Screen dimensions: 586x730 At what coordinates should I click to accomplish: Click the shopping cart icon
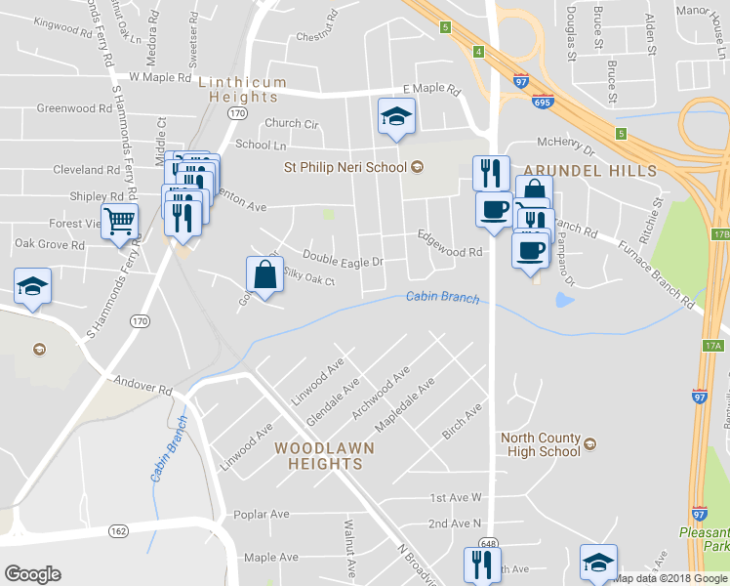coord(119,220)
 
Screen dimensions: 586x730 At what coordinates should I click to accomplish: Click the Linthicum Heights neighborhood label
coord(243,90)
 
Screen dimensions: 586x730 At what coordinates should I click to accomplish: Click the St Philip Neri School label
coord(345,167)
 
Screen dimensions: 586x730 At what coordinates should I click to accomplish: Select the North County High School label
coord(540,445)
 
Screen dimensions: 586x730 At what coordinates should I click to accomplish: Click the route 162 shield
coord(119,530)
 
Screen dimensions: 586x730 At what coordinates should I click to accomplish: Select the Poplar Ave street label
coord(262,514)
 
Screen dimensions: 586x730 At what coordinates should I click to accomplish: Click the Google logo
coord(32,573)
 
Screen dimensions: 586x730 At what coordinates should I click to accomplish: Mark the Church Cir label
coord(291,124)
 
